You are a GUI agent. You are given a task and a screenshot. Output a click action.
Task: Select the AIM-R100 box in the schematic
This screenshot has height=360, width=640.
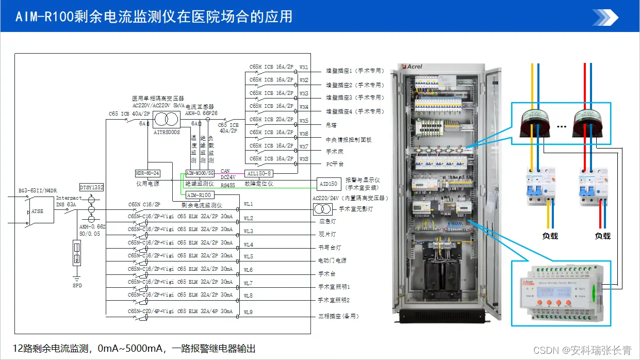(200, 195)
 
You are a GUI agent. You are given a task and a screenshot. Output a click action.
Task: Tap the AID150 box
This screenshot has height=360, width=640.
(329, 184)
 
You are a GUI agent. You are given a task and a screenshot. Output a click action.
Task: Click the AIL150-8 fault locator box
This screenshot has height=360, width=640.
(259, 173)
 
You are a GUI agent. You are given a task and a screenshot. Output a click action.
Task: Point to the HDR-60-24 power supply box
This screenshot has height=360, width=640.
(147, 173)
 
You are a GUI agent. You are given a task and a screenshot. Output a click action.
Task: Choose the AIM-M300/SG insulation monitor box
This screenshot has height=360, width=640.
(200, 173)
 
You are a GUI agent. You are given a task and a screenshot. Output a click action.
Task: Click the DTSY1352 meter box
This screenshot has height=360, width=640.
(92, 187)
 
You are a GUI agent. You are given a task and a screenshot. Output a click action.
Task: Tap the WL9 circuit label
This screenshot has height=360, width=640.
(248, 312)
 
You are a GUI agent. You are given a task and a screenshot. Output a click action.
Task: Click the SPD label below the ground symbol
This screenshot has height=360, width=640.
(77, 285)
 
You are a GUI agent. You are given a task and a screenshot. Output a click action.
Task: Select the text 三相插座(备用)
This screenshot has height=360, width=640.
(338, 316)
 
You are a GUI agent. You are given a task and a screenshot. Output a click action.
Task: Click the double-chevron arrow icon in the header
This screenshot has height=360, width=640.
(604, 17)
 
